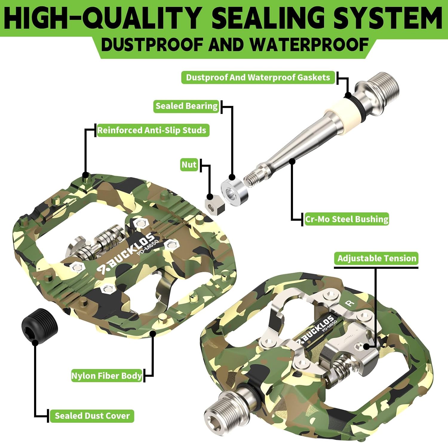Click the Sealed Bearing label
click(x=187, y=106)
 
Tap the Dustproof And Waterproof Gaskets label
click(x=258, y=78)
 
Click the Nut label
click(x=189, y=165)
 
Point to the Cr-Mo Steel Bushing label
click(x=347, y=219)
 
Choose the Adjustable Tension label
click(x=377, y=258)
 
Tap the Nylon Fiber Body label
click(x=107, y=376)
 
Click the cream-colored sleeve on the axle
click(x=344, y=112)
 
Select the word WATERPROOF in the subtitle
click(x=309, y=45)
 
